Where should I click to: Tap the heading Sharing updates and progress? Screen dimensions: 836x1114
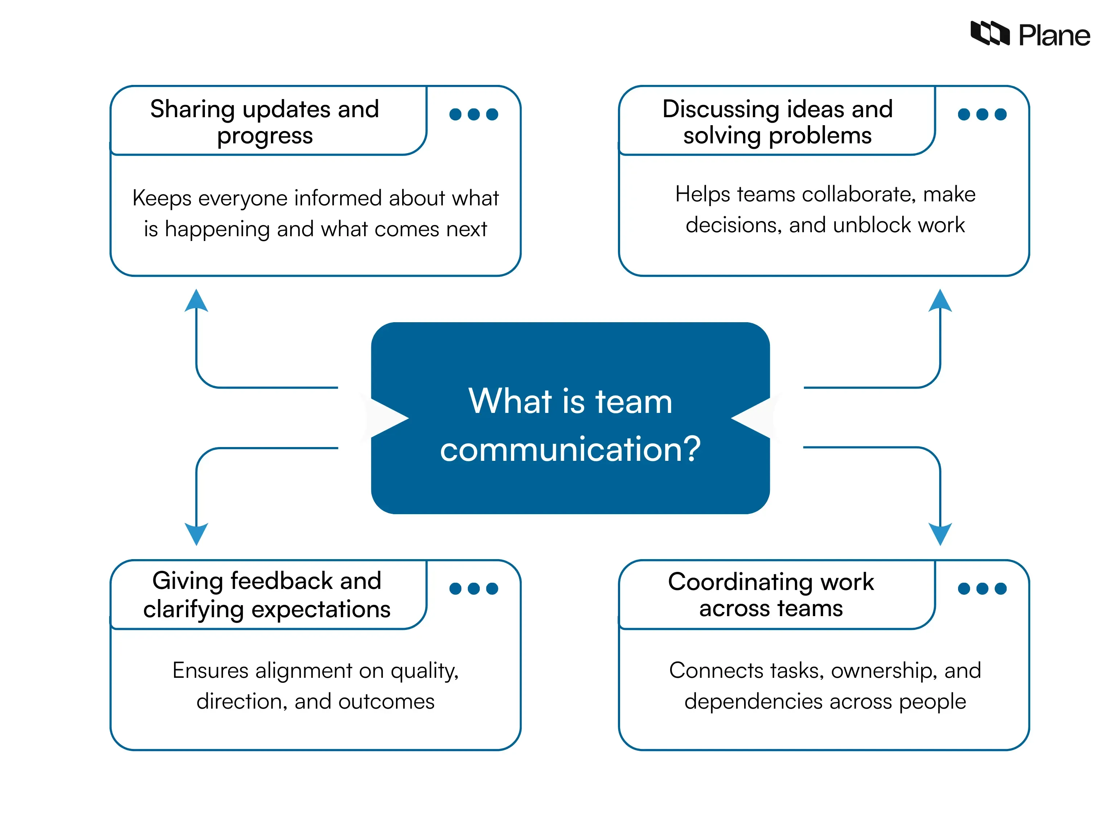tap(265, 122)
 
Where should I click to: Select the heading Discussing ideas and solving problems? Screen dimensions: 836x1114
tap(777, 122)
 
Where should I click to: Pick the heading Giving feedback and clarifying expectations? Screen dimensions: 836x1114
tap(267, 595)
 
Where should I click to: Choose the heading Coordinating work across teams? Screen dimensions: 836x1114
tap(771, 595)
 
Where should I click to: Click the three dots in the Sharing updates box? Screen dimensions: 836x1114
tap(473, 114)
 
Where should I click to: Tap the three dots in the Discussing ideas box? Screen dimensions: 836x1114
tap(982, 114)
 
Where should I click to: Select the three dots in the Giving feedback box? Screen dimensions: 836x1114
tap(473, 588)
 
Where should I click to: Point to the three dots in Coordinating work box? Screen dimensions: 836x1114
tap(982, 588)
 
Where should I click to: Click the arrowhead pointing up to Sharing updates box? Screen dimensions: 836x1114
tap(197, 301)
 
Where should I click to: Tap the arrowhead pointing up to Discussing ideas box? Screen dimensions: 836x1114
tap(940, 301)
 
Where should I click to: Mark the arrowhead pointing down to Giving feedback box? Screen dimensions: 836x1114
tap(197, 533)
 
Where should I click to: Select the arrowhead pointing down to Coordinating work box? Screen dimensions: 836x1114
tap(940, 533)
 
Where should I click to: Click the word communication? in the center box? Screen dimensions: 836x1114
tap(570, 448)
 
